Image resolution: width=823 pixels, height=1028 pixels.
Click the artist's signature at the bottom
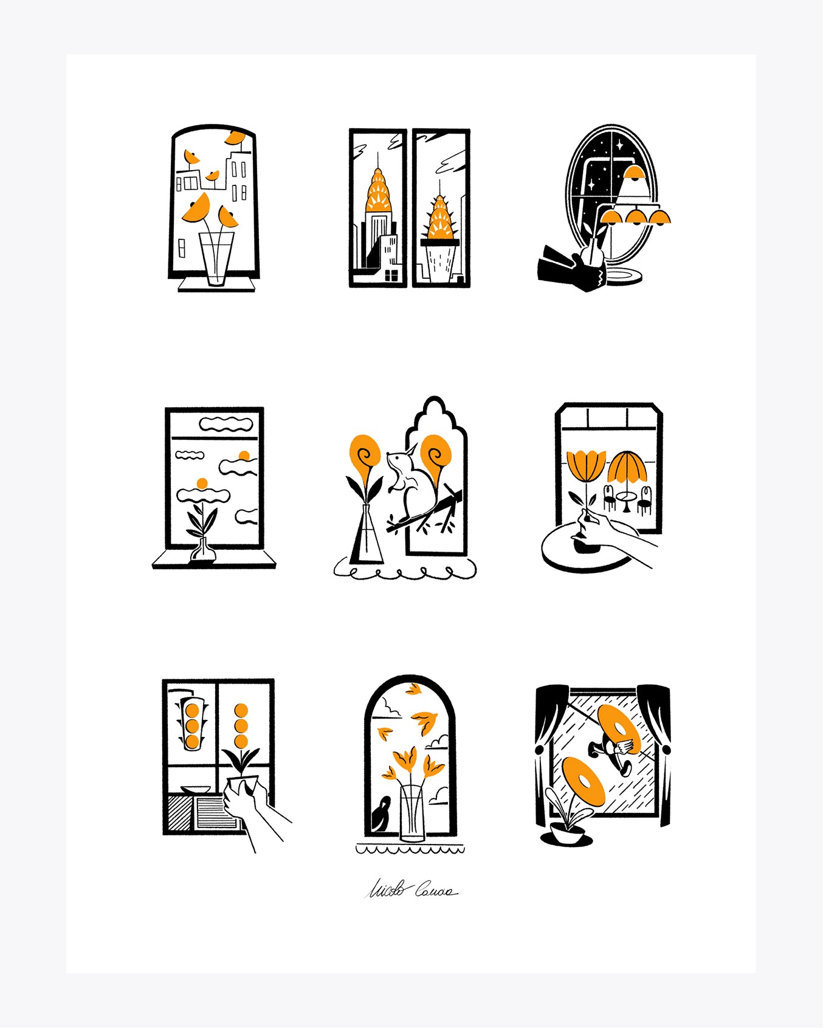coord(411,891)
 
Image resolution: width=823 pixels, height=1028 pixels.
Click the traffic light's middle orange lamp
coord(192,725)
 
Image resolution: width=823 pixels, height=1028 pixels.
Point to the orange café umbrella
coord(626,467)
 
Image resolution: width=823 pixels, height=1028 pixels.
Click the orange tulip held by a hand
coord(586,465)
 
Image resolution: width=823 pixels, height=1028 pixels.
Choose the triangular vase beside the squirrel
coord(365,538)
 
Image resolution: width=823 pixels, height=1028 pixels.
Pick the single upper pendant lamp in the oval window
coord(635,173)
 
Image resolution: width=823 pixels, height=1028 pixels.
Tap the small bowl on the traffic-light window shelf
coord(196,790)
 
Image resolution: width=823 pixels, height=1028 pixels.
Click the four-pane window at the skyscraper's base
coord(391,275)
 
